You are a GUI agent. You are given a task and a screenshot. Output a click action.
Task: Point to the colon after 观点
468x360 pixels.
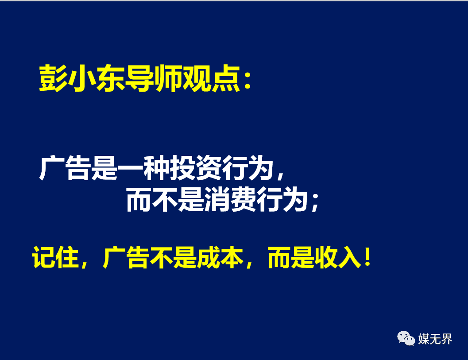click(x=247, y=81)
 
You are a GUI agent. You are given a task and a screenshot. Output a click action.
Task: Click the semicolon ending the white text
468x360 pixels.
click(x=315, y=202)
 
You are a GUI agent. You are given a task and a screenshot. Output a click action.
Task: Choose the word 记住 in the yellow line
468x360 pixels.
click(x=55, y=257)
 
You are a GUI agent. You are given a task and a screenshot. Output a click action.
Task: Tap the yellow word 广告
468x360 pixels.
click(x=126, y=257)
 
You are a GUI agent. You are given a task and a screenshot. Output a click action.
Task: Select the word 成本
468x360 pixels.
click(x=220, y=257)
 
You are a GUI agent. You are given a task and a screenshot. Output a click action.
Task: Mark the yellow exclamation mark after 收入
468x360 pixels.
click(x=367, y=257)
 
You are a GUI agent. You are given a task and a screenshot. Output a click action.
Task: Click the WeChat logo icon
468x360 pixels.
click(x=406, y=338)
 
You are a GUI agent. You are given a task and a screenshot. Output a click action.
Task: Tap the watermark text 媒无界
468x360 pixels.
click(x=435, y=339)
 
